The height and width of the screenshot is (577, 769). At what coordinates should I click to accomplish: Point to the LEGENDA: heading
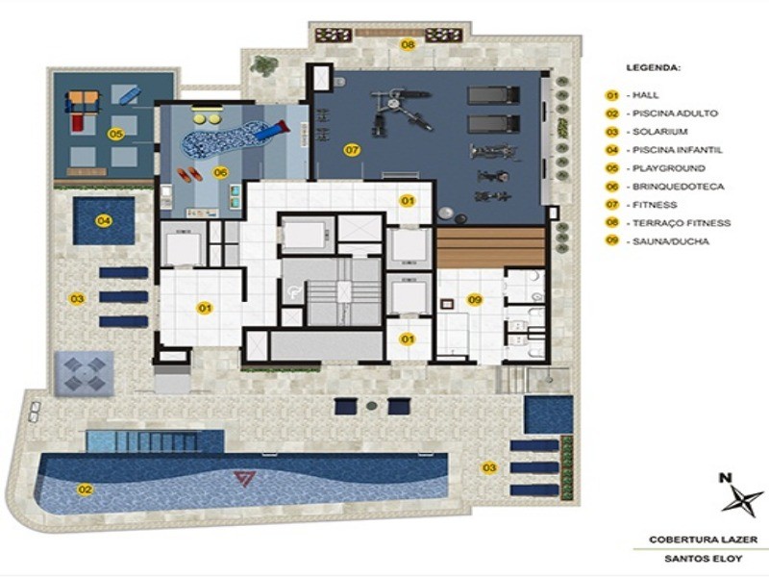coord(654,69)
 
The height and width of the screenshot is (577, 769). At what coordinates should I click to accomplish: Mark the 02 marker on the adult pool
coord(86,489)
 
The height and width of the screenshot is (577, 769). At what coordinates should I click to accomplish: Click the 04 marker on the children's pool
coord(102,220)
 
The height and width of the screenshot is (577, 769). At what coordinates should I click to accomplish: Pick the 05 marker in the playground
coord(115,134)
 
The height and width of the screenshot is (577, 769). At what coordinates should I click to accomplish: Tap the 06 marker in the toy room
coord(220,172)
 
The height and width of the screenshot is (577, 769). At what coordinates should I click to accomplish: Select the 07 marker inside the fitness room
coord(352,150)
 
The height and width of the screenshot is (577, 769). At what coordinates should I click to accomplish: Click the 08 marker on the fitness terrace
coord(408,44)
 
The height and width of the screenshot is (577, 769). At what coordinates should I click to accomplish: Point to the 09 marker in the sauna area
coord(474,300)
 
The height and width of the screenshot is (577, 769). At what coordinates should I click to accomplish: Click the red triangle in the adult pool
coord(245,477)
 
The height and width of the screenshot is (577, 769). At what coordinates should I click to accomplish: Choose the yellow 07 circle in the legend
coord(611,205)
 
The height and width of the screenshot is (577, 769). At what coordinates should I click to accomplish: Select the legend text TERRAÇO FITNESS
coord(678,223)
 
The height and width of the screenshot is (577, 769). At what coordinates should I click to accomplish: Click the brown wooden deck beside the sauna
coord(490,248)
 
